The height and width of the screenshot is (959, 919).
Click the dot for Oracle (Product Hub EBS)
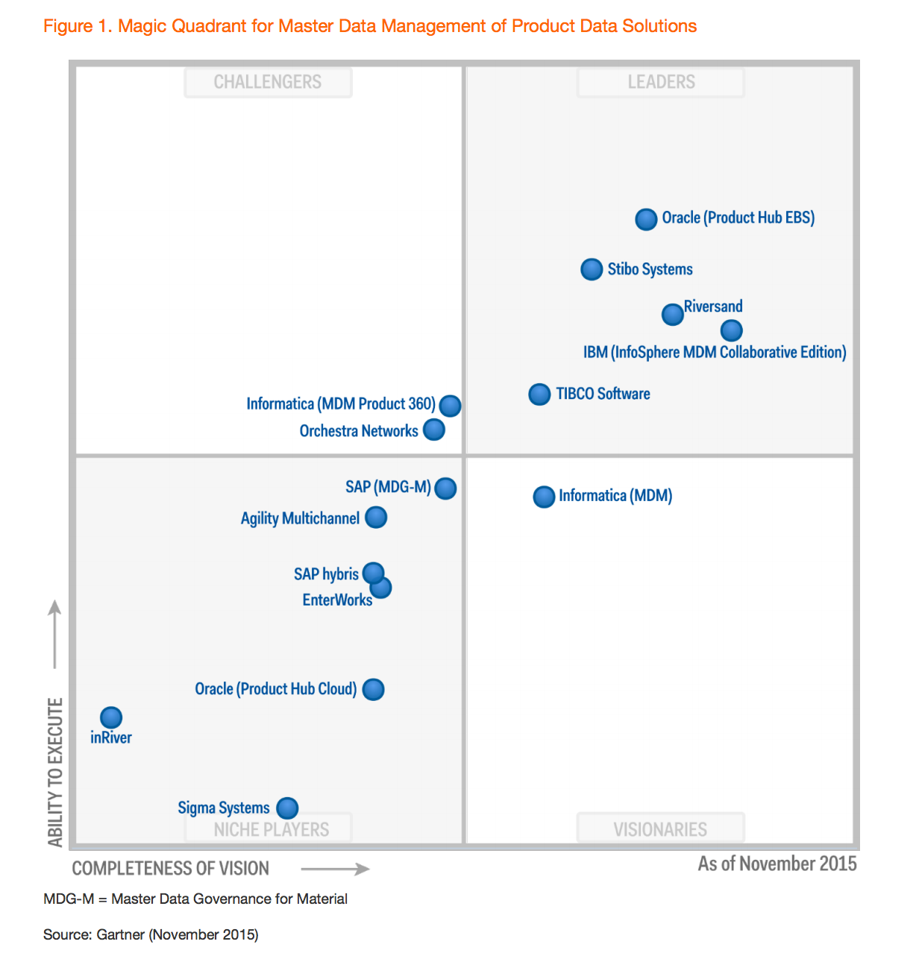click(x=646, y=219)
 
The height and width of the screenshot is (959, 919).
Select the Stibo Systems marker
click(x=592, y=269)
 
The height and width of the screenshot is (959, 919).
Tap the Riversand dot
click(x=673, y=315)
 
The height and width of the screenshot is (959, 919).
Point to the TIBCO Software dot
click(x=539, y=394)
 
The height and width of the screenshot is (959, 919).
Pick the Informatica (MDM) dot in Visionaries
click(x=544, y=497)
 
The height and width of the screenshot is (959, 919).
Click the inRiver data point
click(x=111, y=717)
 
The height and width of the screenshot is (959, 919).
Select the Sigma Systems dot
click(x=287, y=808)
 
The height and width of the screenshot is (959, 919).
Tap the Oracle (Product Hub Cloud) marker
click(x=373, y=690)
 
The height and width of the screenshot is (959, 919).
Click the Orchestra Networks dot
click(x=434, y=430)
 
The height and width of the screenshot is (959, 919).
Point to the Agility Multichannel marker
click(x=376, y=518)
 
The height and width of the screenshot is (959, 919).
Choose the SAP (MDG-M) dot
click(x=445, y=488)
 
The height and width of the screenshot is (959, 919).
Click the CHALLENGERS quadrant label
click(x=268, y=82)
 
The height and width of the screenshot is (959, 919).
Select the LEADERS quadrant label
click(x=661, y=82)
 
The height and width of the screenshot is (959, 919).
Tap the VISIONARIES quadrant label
click(x=660, y=829)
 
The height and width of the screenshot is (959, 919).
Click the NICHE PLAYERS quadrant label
click(x=271, y=829)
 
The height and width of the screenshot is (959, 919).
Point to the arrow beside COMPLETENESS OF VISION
click(x=335, y=869)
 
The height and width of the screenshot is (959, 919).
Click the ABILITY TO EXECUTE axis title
click(x=56, y=772)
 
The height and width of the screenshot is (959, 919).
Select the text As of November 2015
click(x=777, y=864)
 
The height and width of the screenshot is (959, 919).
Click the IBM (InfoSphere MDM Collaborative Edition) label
click(x=715, y=352)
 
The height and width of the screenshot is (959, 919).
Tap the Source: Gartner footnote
click(x=151, y=934)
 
